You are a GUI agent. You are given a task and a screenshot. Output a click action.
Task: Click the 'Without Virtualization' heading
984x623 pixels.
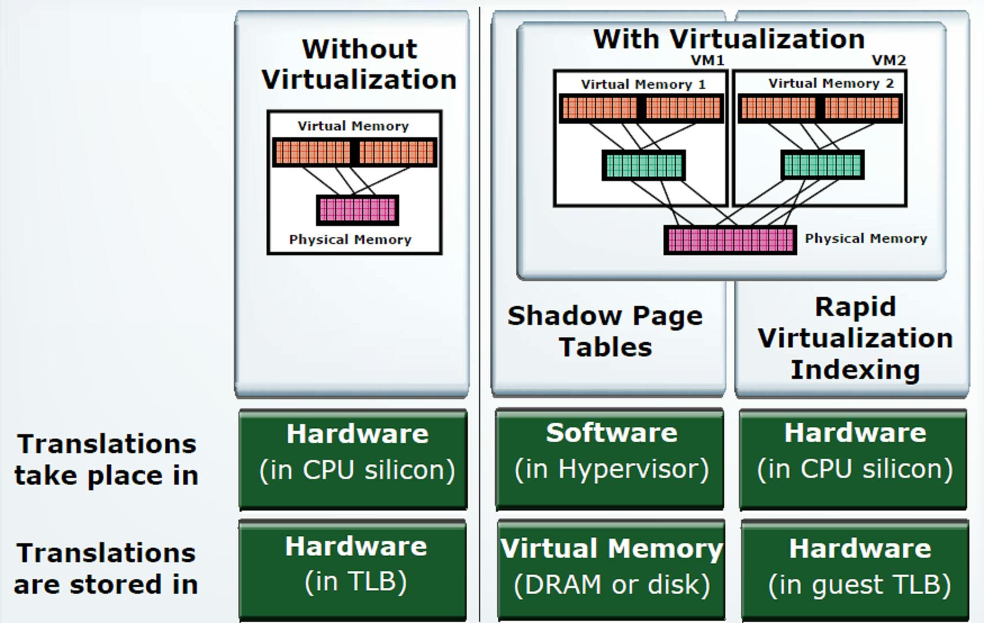[x=359, y=64]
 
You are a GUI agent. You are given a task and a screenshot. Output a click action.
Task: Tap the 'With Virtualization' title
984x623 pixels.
[x=729, y=39]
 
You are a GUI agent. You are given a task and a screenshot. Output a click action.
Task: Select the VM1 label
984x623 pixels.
[x=707, y=60]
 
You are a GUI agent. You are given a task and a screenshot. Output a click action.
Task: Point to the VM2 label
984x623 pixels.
[x=889, y=60]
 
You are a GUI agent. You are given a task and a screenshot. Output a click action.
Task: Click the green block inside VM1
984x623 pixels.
[x=643, y=165]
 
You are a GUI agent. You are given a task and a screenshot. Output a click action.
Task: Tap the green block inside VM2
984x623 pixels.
[x=822, y=165]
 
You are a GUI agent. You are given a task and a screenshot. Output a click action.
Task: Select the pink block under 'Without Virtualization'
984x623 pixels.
[x=358, y=210]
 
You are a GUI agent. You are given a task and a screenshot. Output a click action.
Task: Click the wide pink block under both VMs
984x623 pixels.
[x=730, y=240]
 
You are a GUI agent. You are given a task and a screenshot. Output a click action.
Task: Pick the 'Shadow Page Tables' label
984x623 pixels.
[x=605, y=331]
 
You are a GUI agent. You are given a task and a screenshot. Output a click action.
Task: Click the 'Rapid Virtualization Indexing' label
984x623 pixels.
[x=855, y=338]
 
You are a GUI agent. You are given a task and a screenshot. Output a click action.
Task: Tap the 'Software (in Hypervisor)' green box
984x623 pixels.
[x=611, y=459]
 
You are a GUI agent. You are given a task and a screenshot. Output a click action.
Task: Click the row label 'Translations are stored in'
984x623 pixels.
[x=106, y=568]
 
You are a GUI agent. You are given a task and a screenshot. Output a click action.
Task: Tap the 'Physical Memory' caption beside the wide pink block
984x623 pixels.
[x=865, y=238]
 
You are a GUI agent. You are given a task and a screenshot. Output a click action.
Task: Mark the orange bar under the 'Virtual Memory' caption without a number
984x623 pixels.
[x=354, y=152]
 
